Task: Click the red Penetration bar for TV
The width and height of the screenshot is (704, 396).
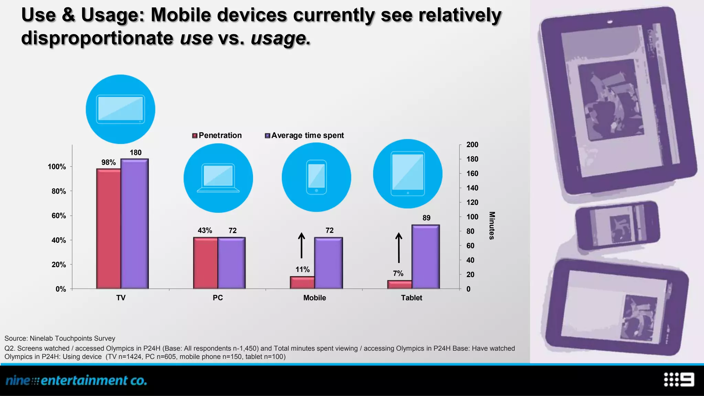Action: tap(109, 229)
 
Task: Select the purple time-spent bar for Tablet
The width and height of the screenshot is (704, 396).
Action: tap(426, 257)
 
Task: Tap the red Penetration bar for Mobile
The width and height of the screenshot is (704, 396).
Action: tap(302, 283)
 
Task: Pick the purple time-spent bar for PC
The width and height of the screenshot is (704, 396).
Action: tap(231, 263)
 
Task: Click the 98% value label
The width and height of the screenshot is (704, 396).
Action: tap(108, 163)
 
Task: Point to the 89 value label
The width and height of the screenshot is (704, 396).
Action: tap(426, 218)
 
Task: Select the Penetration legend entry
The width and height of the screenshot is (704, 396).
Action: tap(217, 135)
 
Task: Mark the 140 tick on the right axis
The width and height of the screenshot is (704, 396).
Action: tap(472, 188)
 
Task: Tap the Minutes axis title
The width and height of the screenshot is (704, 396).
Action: tap(492, 225)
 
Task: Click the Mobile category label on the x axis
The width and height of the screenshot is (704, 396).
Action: tap(314, 298)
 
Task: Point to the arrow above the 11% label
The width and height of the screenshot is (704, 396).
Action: tap(301, 245)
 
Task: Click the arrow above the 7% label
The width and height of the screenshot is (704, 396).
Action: tap(399, 247)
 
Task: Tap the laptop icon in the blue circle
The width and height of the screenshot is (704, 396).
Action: tap(218, 178)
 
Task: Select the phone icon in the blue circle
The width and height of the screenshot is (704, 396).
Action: tap(316, 177)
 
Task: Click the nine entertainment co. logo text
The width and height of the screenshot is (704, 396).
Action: tap(76, 381)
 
